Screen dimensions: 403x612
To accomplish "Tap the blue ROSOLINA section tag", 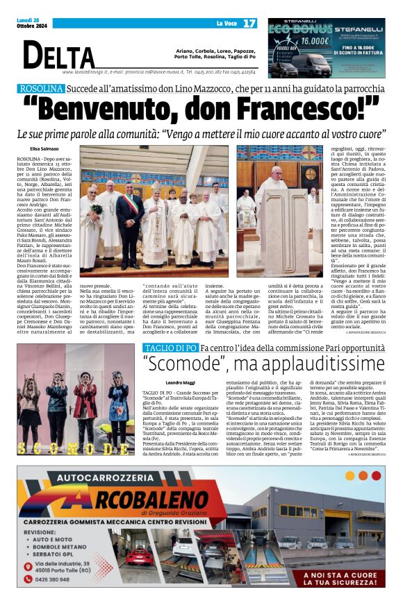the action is (x=42, y=89).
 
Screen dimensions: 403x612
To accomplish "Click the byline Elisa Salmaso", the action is (x=44, y=148).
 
